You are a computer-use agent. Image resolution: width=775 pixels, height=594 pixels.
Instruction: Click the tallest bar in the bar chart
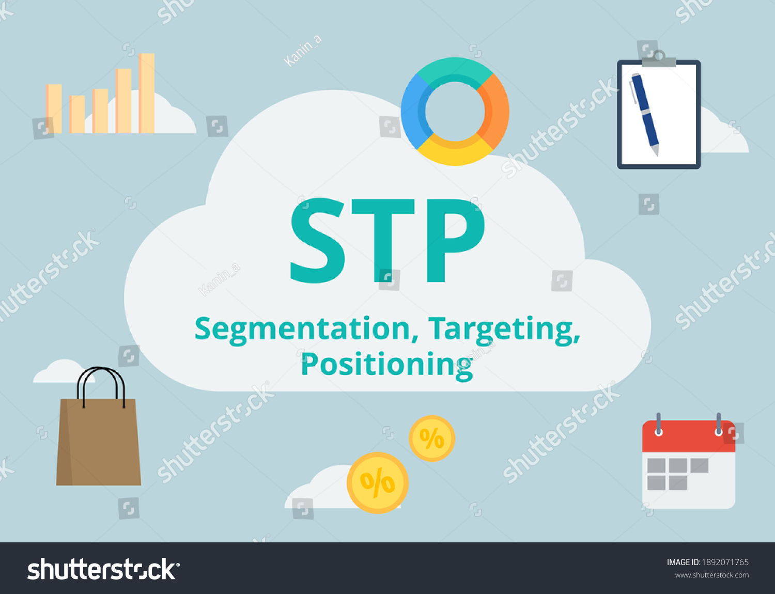point(147,93)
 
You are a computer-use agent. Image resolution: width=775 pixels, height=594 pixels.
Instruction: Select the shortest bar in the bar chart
point(78,114)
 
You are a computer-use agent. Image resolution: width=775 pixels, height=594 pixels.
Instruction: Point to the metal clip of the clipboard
point(659,59)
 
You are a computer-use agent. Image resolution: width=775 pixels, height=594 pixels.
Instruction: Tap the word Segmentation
point(303,329)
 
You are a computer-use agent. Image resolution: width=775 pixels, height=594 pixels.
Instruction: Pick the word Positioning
point(386,365)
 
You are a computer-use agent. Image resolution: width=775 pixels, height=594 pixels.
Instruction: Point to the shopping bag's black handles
point(101,381)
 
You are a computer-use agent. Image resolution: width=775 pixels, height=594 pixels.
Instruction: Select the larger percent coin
point(378,483)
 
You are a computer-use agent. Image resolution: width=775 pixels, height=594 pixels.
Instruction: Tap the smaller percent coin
point(431,439)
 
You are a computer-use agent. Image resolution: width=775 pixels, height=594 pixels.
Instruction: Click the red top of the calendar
point(688,437)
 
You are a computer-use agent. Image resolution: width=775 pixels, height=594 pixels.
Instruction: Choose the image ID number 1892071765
point(725,562)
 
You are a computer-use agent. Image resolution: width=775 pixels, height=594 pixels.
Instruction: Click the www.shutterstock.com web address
point(711,575)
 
